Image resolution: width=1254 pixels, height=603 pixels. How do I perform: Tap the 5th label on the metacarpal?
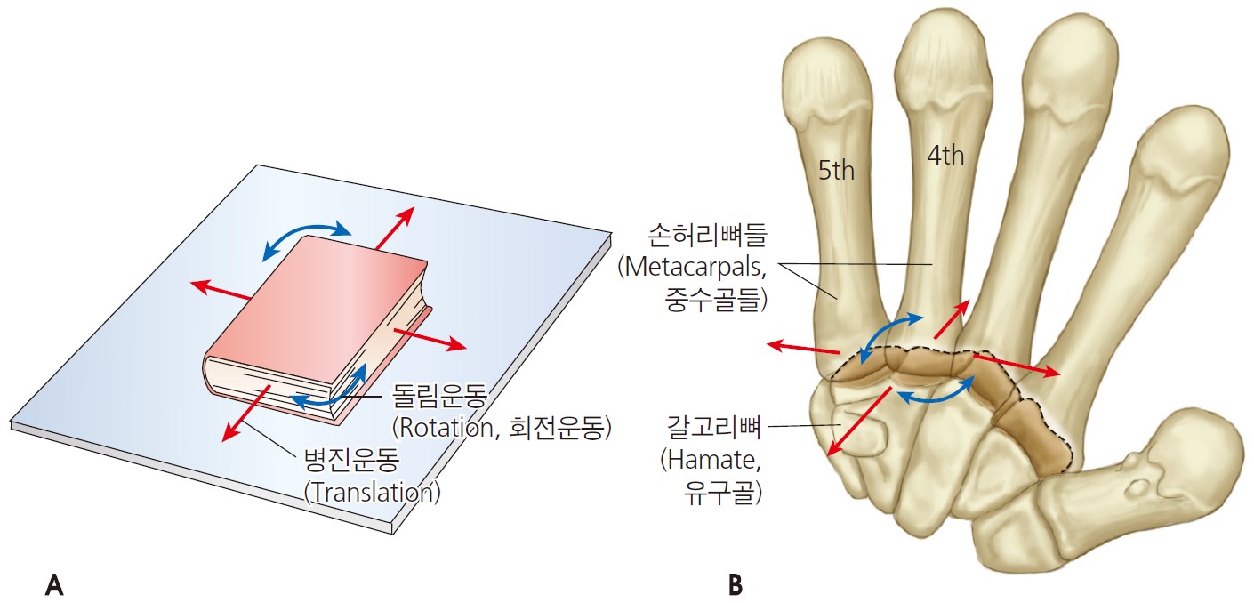(836, 170)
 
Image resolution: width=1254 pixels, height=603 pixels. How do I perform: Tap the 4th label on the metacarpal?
(945, 156)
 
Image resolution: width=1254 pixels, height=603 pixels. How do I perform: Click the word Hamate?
(712, 460)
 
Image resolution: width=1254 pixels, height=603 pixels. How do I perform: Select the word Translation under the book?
(372, 492)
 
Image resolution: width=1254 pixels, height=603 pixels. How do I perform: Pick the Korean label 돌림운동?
(434, 396)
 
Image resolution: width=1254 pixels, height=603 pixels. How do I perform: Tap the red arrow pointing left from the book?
(223, 291)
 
